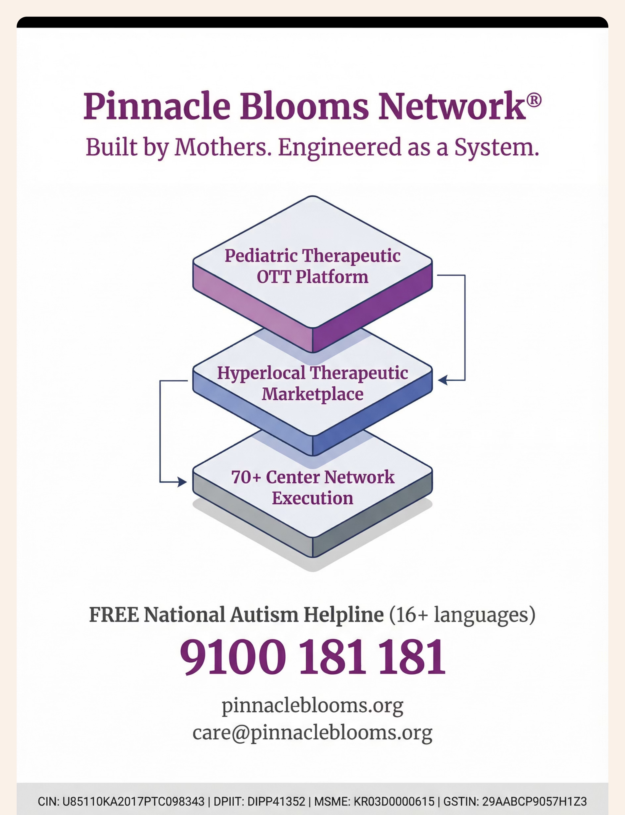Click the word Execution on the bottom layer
[x=312, y=498]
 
